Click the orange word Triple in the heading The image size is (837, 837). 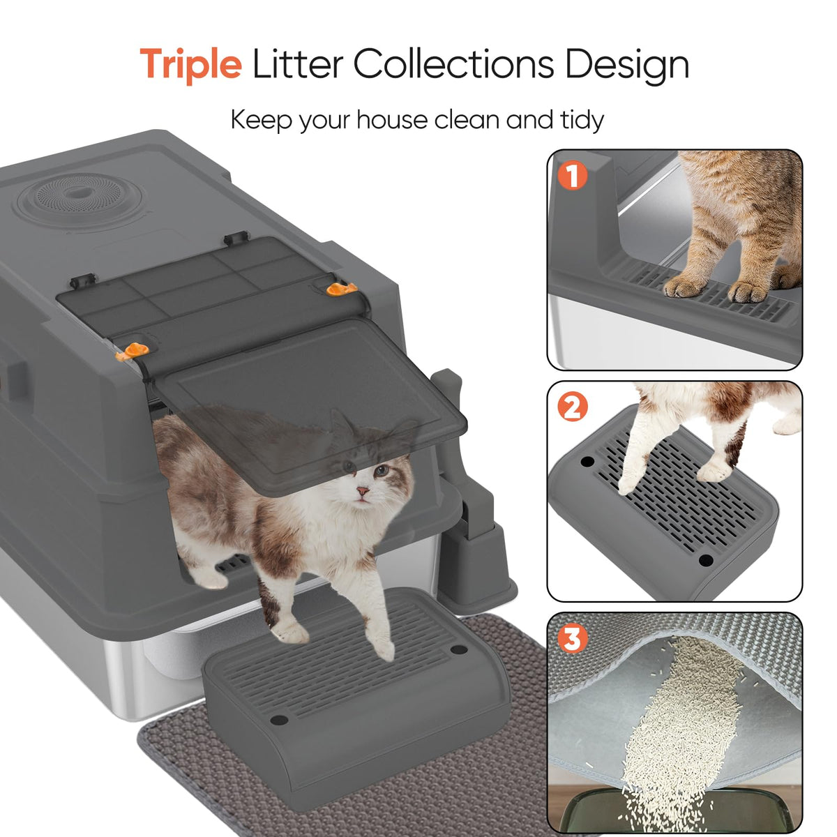click(190, 64)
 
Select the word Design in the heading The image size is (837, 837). click(627, 64)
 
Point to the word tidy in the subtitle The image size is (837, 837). click(582, 119)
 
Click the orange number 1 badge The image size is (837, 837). click(573, 176)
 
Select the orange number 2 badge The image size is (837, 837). click(573, 407)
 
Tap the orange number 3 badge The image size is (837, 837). click(573, 638)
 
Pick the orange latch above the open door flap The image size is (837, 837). click(133, 351)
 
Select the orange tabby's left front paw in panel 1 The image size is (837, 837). click(684, 287)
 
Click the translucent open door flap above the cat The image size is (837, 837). click(310, 404)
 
